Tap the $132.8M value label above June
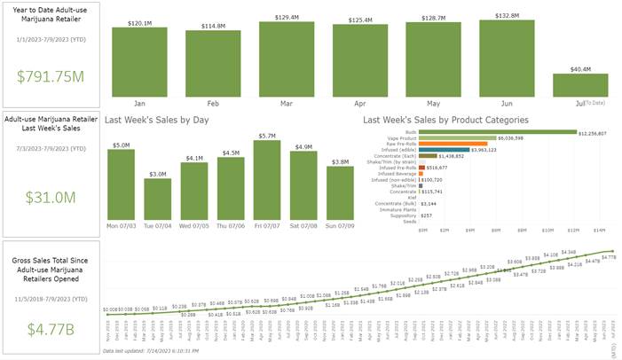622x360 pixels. (506, 15)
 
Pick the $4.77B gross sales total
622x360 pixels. (51, 329)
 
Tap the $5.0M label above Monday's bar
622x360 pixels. (121, 145)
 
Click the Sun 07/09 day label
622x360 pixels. (340, 224)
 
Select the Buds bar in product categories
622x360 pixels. (497, 132)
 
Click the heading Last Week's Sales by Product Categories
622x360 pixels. (446, 119)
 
